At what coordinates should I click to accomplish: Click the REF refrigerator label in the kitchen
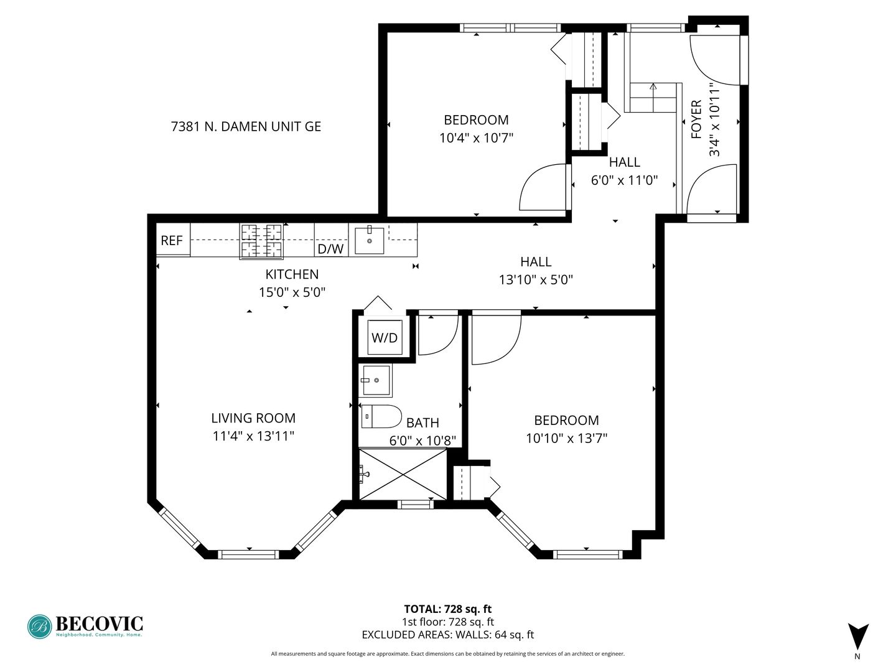(x=172, y=241)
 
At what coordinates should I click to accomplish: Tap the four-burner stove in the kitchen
(x=261, y=241)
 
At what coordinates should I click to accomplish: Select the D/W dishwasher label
(x=330, y=249)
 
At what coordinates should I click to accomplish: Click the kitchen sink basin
(x=370, y=241)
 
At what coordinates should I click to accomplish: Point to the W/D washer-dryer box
(x=385, y=337)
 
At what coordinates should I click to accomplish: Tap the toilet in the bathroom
(x=381, y=416)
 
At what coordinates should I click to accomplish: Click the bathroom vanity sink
(x=376, y=380)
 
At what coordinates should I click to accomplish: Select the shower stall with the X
(x=403, y=475)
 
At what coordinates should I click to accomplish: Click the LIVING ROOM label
(x=253, y=418)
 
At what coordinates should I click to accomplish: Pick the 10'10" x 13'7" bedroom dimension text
(x=567, y=439)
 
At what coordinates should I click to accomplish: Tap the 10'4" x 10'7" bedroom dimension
(x=476, y=138)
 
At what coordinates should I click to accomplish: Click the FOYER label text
(x=696, y=119)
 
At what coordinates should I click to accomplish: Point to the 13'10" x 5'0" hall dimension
(x=536, y=280)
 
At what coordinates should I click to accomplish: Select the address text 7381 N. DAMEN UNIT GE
(x=246, y=127)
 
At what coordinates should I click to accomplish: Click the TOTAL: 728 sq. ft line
(x=448, y=609)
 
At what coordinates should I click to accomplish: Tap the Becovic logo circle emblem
(x=40, y=627)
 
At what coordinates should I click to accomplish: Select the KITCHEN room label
(x=292, y=274)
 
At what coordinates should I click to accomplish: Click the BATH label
(x=422, y=422)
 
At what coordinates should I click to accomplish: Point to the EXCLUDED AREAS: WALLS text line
(x=448, y=635)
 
